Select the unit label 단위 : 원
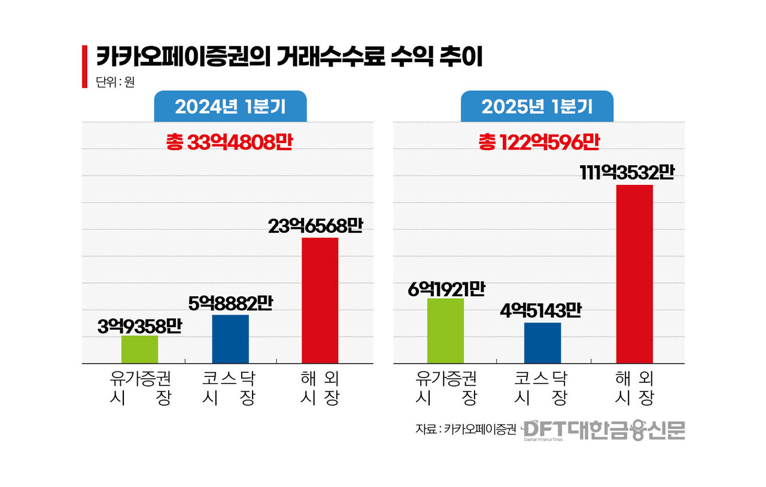pyautogui.click(x=115, y=83)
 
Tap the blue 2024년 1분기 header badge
pyautogui.click(x=230, y=106)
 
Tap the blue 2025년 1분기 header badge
pyautogui.click(x=537, y=106)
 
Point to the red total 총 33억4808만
pyautogui.click(x=229, y=142)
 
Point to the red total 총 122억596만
pyautogui.click(x=539, y=142)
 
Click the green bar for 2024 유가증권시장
pyautogui.click(x=139, y=349)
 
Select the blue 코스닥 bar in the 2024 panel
pyautogui.click(x=230, y=339)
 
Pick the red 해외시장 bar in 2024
pyautogui.click(x=320, y=300)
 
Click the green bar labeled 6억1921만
pyautogui.click(x=445, y=330)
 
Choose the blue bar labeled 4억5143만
pyautogui.click(x=542, y=343)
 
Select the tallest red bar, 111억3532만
pyautogui.click(x=634, y=274)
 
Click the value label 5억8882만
pyautogui.click(x=230, y=304)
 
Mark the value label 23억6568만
pyautogui.click(x=315, y=227)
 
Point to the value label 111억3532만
pyautogui.click(x=627, y=173)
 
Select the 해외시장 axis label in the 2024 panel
pyautogui.click(x=320, y=388)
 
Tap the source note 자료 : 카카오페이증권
pyautogui.click(x=465, y=430)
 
